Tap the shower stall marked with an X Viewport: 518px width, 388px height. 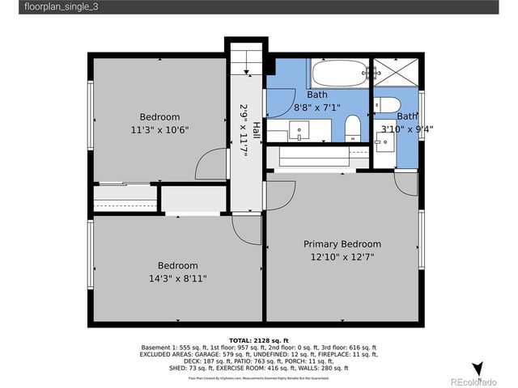pos(393,75)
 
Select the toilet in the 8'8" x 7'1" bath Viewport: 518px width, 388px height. pos(353,127)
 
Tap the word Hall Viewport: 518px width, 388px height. pos(256,129)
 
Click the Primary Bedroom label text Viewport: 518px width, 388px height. pos(342,244)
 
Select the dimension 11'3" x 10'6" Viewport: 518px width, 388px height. pos(159,129)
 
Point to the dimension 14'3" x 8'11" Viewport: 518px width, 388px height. pos(177,278)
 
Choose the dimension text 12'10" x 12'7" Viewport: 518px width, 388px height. pos(342,257)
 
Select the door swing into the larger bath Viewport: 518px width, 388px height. pos(280,192)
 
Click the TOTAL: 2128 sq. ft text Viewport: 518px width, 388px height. pos(259,340)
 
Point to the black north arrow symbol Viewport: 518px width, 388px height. pos(478,366)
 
